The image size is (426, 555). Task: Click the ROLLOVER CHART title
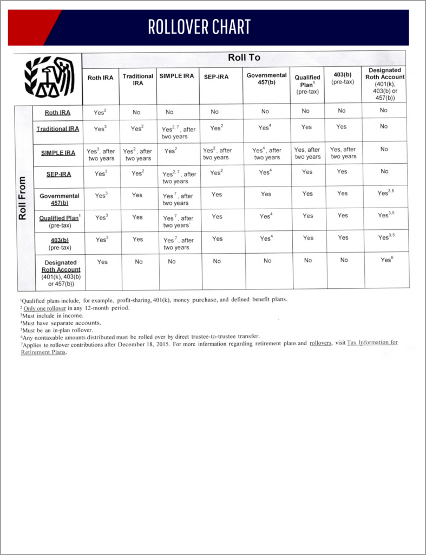click(x=199, y=27)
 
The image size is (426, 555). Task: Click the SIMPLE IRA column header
click(x=176, y=76)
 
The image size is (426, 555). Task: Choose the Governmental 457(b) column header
click(x=266, y=79)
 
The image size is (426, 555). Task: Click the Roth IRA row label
click(x=57, y=113)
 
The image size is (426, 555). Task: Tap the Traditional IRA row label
click(x=57, y=129)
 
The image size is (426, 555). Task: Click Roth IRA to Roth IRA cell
click(x=100, y=113)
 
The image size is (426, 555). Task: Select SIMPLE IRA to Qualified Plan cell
click(x=307, y=153)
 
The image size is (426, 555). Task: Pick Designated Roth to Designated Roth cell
click(x=386, y=260)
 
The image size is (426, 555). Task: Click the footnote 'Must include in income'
click(x=53, y=315)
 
